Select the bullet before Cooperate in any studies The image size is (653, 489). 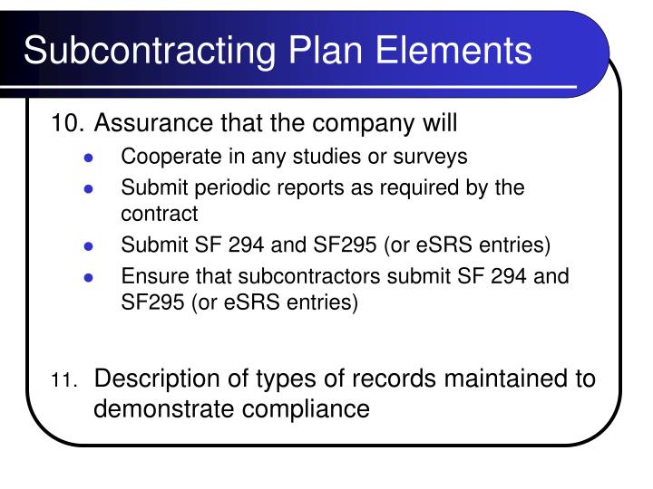pos(89,158)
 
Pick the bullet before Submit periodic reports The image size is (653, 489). pos(89,189)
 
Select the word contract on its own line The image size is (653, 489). pos(159,215)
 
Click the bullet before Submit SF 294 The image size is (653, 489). pos(89,246)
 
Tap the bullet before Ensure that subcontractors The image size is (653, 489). pos(89,277)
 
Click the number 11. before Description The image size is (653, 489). pos(65,380)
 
